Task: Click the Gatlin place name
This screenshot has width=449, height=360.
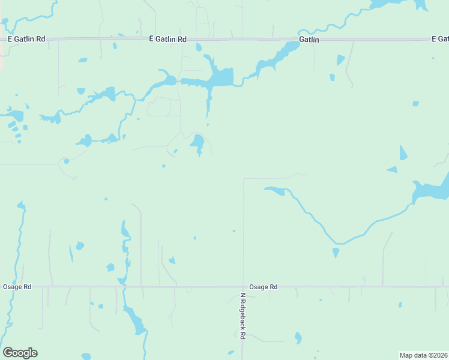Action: (x=309, y=40)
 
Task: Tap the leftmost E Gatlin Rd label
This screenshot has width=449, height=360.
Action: (x=26, y=39)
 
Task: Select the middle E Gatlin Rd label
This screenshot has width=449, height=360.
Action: (x=167, y=39)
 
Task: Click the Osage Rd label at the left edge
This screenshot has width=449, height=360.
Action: (x=14, y=287)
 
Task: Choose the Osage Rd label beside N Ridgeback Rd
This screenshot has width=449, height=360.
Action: (x=264, y=287)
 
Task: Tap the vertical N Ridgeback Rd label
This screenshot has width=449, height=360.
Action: (x=243, y=317)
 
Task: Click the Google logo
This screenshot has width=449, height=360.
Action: (x=20, y=353)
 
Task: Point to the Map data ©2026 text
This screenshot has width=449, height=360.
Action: (x=423, y=355)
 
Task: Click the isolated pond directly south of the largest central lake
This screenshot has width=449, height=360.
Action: (x=197, y=143)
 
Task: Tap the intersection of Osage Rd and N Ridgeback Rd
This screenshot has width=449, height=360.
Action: (x=243, y=287)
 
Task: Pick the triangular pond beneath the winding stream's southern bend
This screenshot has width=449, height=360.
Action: (x=336, y=253)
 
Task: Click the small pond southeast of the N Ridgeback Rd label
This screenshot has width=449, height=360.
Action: (x=298, y=338)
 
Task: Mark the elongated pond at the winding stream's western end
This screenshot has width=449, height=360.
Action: (x=274, y=191)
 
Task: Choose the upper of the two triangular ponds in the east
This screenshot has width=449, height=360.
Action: (x=403, y=154)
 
